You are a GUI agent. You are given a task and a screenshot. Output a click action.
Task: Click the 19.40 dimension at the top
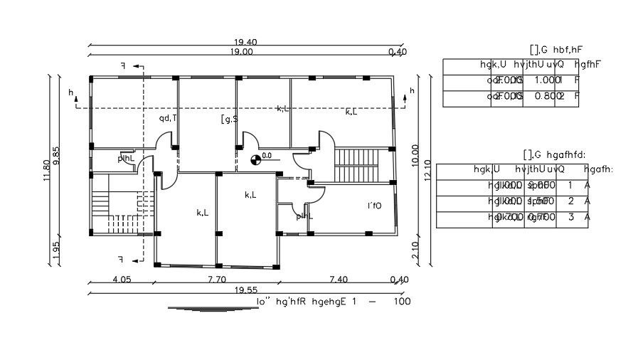tap(241, 43)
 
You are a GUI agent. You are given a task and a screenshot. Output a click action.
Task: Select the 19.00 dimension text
tap(241, 52)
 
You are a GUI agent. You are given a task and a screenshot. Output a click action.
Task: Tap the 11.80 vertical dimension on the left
tap(47, 171)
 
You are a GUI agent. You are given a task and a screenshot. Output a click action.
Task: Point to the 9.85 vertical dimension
tap(57, 156)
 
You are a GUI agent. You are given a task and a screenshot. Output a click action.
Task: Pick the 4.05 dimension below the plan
tap(122, 280)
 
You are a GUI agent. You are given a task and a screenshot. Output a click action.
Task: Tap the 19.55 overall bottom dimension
tap(243, 290)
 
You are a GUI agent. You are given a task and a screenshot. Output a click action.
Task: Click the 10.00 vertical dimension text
tap(415, 154)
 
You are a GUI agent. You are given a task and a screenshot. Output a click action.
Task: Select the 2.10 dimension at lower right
tap(415, 250)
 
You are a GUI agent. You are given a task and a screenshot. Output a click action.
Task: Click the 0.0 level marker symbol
tap(255, 159)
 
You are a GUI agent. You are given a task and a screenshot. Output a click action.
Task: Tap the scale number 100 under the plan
tap(401, 301)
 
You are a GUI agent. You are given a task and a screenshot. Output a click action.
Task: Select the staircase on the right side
tap(359, 165)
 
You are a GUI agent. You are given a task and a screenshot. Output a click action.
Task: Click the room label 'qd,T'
tap(168, 118)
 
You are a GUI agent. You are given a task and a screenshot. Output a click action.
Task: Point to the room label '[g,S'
tap(229, 119)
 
